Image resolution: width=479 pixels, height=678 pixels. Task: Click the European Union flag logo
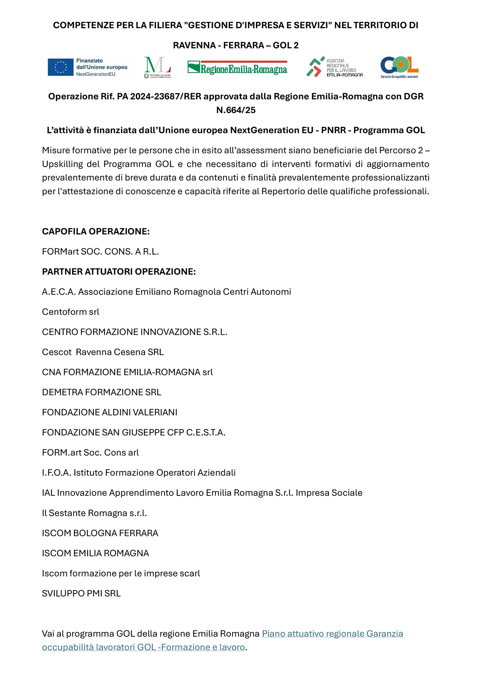[x=61, y=67]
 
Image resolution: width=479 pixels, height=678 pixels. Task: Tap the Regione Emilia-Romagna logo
[x=237, y=67]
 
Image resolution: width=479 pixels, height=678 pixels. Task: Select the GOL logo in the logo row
[x=399, y=67]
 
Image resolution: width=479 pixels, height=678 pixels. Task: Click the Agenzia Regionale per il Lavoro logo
[x=334, y=67]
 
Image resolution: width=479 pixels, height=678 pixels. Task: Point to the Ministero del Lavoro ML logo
[x=157, y=67]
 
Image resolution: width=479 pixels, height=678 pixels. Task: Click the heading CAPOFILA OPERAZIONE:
[x=96, y=231]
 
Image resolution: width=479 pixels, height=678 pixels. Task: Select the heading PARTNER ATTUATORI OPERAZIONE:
[x=119, y=272]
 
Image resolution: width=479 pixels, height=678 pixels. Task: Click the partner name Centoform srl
[x=71, y=312]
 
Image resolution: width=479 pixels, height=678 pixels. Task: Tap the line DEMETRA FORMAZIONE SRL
[x=101, y=392]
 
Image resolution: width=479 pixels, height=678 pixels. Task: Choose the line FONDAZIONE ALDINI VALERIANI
[x=109, y=412]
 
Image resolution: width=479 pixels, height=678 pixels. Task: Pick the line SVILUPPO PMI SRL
[x=81, y=594]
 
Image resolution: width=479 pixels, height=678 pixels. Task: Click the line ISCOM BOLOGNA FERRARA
[x=100, y=533]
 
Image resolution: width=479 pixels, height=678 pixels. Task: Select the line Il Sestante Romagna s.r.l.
[x=94, y=513]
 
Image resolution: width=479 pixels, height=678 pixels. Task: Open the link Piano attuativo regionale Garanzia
[x=332, y=634]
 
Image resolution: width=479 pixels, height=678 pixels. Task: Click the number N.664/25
[x=236, y=110]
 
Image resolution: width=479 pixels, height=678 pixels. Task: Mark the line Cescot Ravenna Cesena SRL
[x=103, y=352]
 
